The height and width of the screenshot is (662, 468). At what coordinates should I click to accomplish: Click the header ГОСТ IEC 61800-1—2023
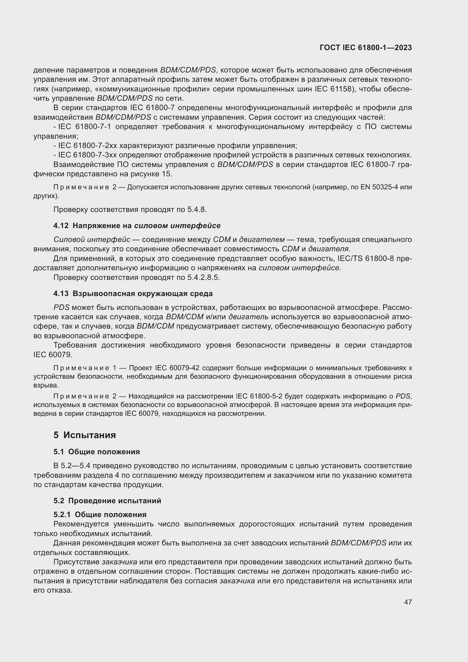365,48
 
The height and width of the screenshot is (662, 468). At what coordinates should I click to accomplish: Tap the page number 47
408,602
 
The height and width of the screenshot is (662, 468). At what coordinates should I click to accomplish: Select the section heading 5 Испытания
84,435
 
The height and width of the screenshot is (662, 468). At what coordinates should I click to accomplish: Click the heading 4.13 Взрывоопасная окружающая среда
133,293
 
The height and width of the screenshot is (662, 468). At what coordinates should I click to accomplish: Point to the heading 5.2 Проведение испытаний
107,501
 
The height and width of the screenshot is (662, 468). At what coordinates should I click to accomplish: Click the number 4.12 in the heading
61,226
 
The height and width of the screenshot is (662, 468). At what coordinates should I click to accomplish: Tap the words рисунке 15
156,174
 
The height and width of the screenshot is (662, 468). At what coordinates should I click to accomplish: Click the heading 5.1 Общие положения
96,452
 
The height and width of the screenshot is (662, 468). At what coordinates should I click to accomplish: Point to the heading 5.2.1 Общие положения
100,515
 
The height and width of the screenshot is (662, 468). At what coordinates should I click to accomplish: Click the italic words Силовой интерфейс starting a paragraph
92,240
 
